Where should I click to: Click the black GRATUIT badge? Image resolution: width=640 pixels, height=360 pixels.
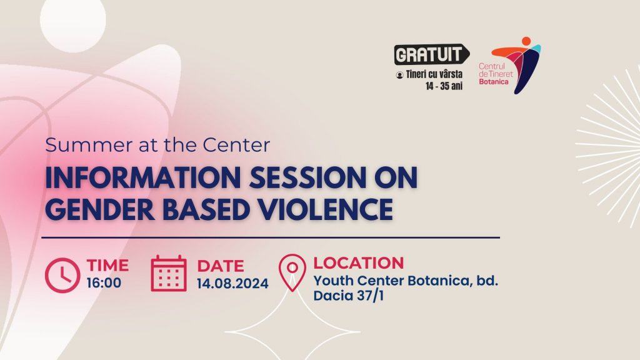point(431,54)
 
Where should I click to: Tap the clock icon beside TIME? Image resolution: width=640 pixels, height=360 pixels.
point(62,275)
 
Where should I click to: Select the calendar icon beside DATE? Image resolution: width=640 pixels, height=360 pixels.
point(169,274)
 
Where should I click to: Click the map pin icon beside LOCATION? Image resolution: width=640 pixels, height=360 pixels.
point(292,272)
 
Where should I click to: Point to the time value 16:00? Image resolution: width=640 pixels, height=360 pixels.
point(104,283)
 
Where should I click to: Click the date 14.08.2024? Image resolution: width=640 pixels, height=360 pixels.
point(232,284)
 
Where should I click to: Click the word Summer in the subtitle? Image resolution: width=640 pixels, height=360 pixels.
point(89,145)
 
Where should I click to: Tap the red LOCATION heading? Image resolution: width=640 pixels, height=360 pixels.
point(358,263)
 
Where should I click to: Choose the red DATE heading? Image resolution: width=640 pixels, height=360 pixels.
point(221,266)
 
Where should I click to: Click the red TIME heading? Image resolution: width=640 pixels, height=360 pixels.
point(107,265)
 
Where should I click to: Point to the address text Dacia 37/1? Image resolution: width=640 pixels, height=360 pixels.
point(349,296)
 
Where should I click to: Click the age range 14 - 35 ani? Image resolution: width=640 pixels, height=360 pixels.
point(444,86)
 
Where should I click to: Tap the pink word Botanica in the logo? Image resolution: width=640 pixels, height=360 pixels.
point(494,82)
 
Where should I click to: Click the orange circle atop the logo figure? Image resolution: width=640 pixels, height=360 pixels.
point(526,41)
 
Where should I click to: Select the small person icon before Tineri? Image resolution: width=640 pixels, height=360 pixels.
point(399,75)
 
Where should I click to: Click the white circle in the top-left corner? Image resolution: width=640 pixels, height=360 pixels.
point(73,21)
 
